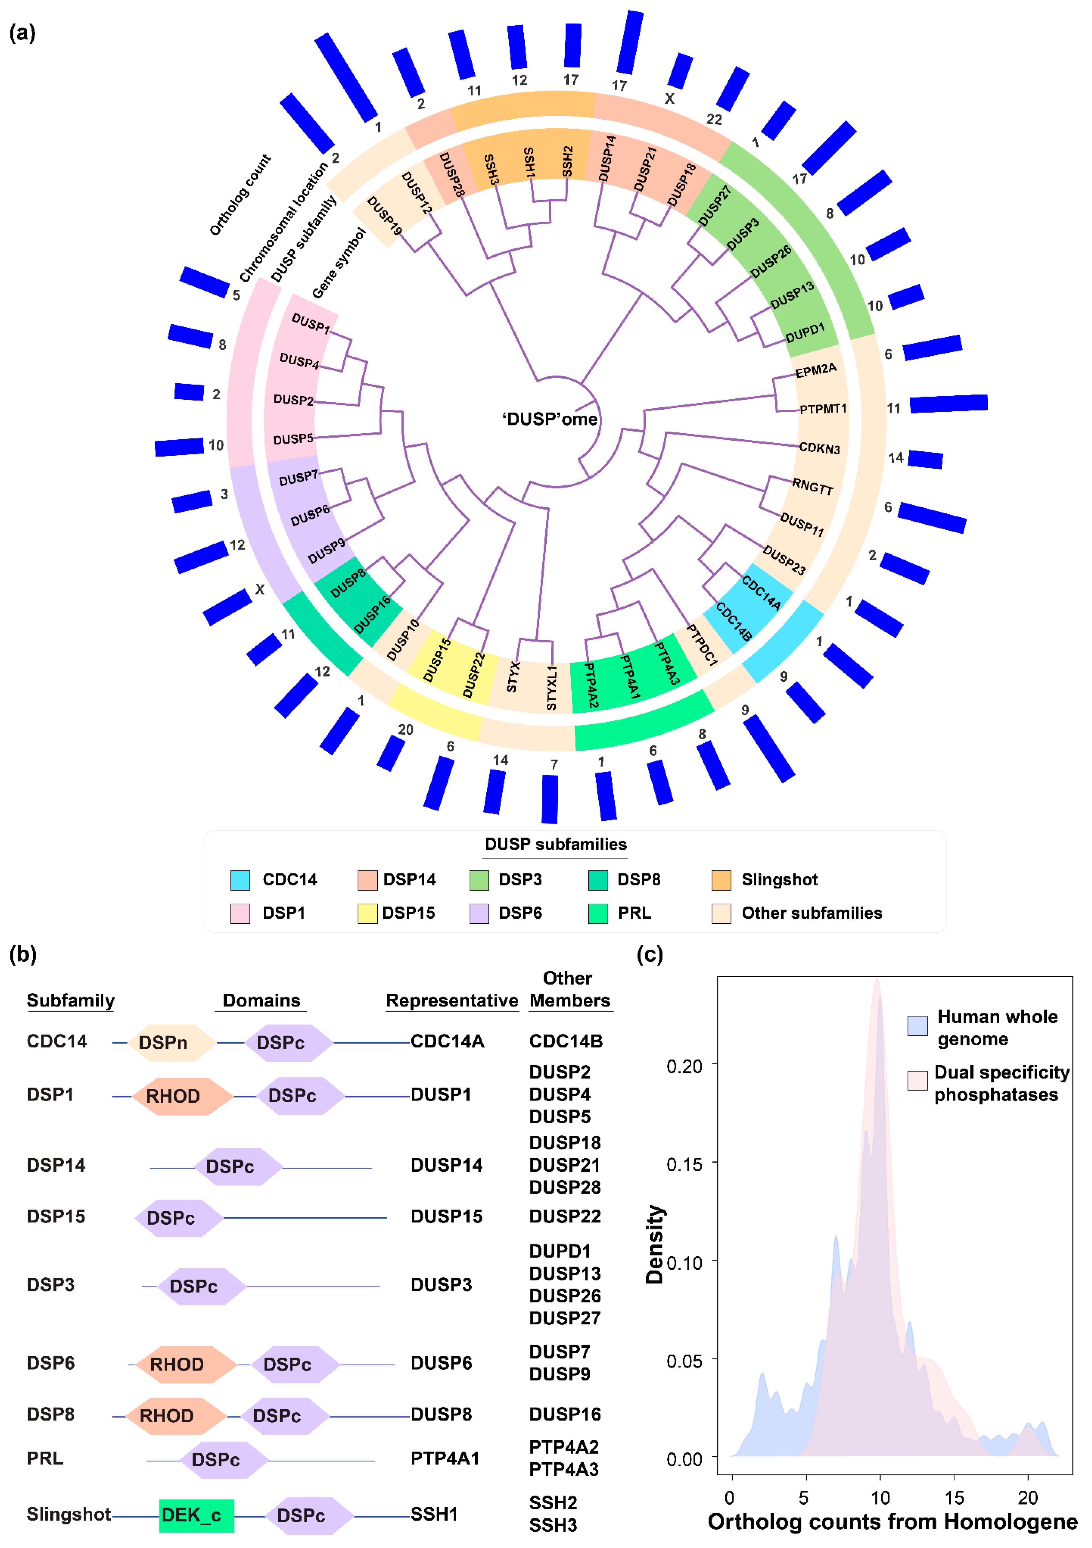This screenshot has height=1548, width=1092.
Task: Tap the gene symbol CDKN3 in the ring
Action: click(x=819, y=448)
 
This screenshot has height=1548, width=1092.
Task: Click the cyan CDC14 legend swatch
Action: click(x=240, y=880)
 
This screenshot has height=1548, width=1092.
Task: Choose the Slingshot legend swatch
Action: click(x=721, y=880)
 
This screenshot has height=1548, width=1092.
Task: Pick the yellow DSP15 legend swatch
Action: click(x=367, y=914)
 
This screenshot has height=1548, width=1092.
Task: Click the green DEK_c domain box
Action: click(x=196, y=1516)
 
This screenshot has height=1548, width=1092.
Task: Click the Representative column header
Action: click(x=452, y=1000)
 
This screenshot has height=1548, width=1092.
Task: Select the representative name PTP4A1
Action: click(x=445, y=1458)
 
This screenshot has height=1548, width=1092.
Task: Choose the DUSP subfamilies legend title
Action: click(x=556, y=844)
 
